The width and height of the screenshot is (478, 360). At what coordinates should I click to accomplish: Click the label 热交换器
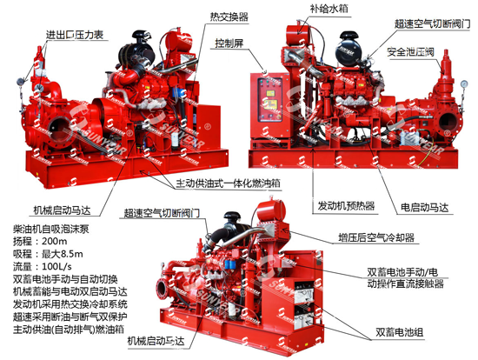pos(229,17)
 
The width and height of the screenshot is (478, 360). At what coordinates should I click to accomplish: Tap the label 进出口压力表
pos(75,35)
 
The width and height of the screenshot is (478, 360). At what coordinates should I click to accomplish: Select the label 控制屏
pos(229,43)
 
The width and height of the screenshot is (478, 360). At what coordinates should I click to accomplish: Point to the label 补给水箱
pos(329,8)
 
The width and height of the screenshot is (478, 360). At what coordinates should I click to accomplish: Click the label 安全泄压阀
pos(410,52)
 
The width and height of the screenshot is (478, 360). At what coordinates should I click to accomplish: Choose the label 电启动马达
pos(424,208)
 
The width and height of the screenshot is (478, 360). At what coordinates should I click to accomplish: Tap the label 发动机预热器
pos(346,206)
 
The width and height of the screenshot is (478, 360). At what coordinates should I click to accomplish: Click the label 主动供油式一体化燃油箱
pos(228,183)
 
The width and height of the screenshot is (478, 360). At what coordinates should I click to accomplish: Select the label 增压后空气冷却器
pos(376,237)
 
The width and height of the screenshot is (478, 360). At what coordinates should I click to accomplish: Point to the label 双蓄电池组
pos(400,332)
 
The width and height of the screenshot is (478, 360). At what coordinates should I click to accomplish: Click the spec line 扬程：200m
pos(40,242)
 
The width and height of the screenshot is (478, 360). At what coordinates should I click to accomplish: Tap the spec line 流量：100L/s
pos(43,266)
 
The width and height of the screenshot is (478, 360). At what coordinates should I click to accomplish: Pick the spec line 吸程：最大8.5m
pos(48,254)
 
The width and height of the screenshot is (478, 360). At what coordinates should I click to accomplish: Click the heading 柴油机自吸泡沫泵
pos(51,229)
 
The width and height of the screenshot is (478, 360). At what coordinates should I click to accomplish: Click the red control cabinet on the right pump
pos(270,105)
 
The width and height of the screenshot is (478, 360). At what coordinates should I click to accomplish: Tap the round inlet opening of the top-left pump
pos(60,129)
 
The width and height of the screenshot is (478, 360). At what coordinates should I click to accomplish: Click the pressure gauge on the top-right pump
pos(464,83)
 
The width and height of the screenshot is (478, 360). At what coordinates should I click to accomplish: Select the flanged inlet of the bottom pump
pos(163,287)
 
